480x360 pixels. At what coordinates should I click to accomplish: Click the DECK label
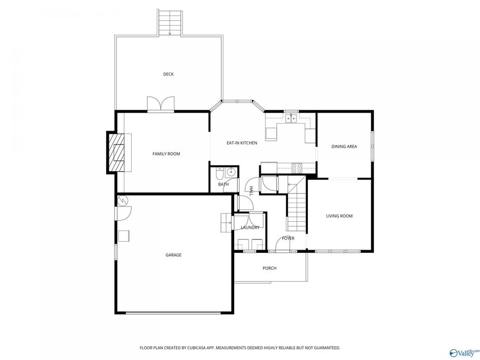[x=169, y=74]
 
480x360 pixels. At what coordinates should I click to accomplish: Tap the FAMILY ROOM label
[x=166, y=154]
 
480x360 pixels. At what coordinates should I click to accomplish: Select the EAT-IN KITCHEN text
[x=242, y=142]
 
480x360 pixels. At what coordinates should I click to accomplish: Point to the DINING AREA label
[x=344, y=146]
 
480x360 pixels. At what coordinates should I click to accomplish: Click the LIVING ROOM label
[x=339, y=216]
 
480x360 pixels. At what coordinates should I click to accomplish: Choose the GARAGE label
[x=173, y=255]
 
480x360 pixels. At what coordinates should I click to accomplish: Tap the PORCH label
[x=269, y=268]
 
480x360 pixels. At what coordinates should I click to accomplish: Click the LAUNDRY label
[x=250, y=227]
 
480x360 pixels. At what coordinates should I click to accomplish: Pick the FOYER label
[x=288, y=238]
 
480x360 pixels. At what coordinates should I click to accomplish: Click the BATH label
[x=223, y=185]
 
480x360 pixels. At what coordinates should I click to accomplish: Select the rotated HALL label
[x=251, y=191]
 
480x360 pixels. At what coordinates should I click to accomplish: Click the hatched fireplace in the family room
[x=116, y=153]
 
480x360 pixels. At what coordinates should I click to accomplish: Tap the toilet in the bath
[x=220, y=173]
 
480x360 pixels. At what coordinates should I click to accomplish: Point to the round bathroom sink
[x=230, y=173]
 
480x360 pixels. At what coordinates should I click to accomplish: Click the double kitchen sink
[x=291, y=118]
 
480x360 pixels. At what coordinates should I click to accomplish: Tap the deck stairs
[x=170, y=22]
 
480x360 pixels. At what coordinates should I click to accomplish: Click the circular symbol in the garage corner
[x=123, y=201]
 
